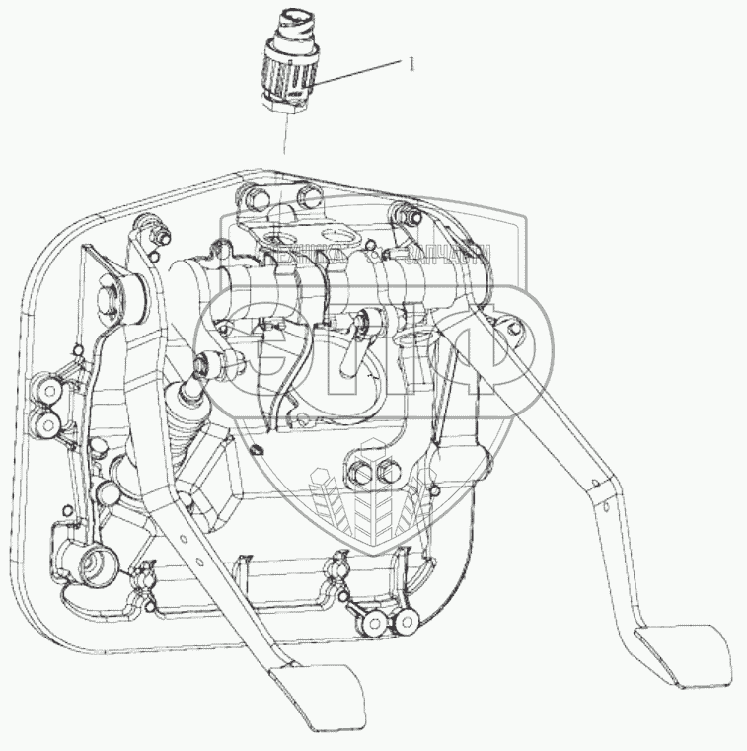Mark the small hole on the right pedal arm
(594, 482)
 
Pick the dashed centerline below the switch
(284, 133)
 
